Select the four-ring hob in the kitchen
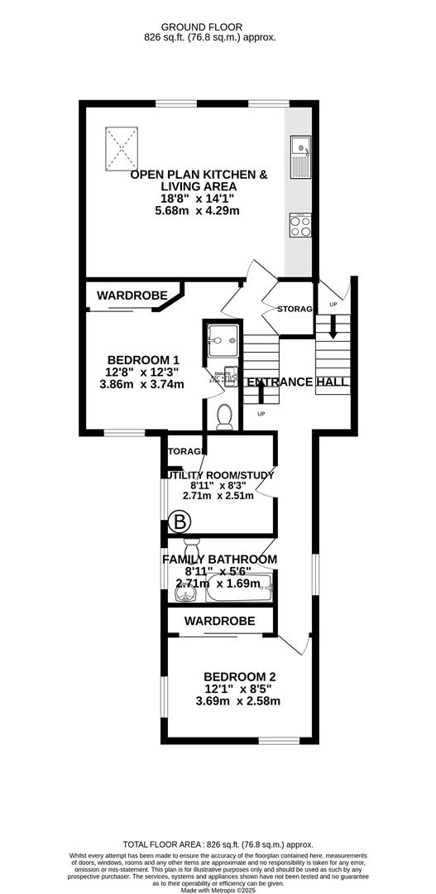coord(299,226)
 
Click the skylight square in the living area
coord(122,147)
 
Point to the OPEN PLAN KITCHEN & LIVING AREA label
coord(199,181)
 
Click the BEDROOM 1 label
coord(143,359)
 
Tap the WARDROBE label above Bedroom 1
coord(132,296)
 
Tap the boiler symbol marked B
coord(180,521)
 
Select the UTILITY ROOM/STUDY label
coord(219,474)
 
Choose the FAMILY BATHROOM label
coord(219,560)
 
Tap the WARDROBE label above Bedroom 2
coord(218,620)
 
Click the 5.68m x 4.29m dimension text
coord(199,211)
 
